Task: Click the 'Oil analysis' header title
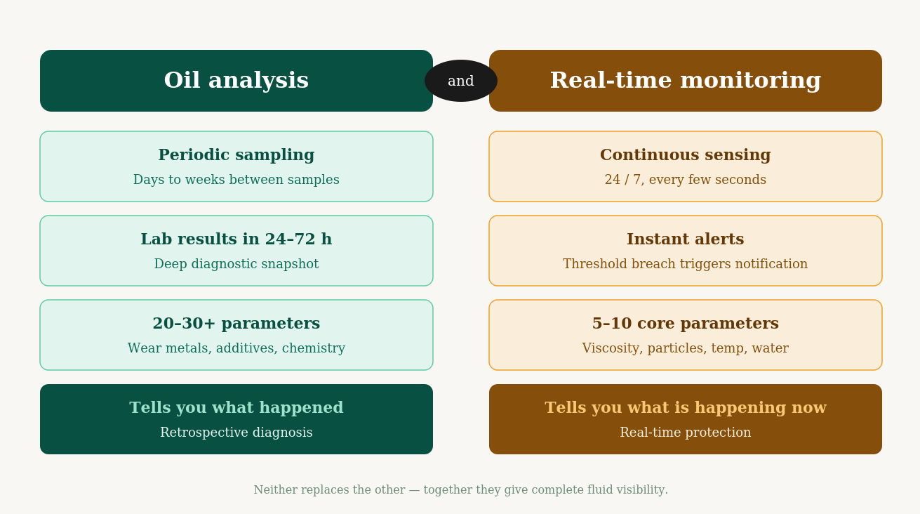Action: pyautogui.click(x=236, y=81)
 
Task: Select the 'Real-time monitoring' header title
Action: pyautogui.click(x=685, y=81)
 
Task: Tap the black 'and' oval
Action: pyautogui.click(x=460, y=81)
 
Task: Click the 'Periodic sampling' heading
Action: pyautogui.click(x=236, y=155)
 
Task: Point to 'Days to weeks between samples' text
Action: pyautogui.click(x=236, y=180)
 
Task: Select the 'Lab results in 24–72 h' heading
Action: pyautogui.click(x=236, y=239)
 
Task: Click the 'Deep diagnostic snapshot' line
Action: pyautogui.click(x=236, y=265)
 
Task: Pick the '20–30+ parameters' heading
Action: pyautogui.click(x=236, y=324)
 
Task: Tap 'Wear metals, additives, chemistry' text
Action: pyautogui.click(x=236, y=349)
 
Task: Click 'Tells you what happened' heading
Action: pyautogui.click(x=236, y=408)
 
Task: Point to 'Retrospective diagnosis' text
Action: pyautogui.click(x=236, y=433)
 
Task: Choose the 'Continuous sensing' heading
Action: pyautogui.click(x=685, y=155)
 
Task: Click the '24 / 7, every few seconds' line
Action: pyautogui.click(x=685, y=180)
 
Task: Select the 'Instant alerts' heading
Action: pyautogui.click(x=685, y=239)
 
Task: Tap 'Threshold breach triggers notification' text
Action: pyautogui.click(x=685, y=265)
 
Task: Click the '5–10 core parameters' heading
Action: pyautogui.click(x=685, y=324)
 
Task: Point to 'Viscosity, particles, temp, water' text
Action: pyautogui.click(x=685, y=349)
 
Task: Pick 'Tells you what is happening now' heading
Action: pyautogui.click(x=685, y=408)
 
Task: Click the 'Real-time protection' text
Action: pyautogui.click(x=685, y=433)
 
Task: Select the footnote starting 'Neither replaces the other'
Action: pyautogui.click(x=460, y=490)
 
